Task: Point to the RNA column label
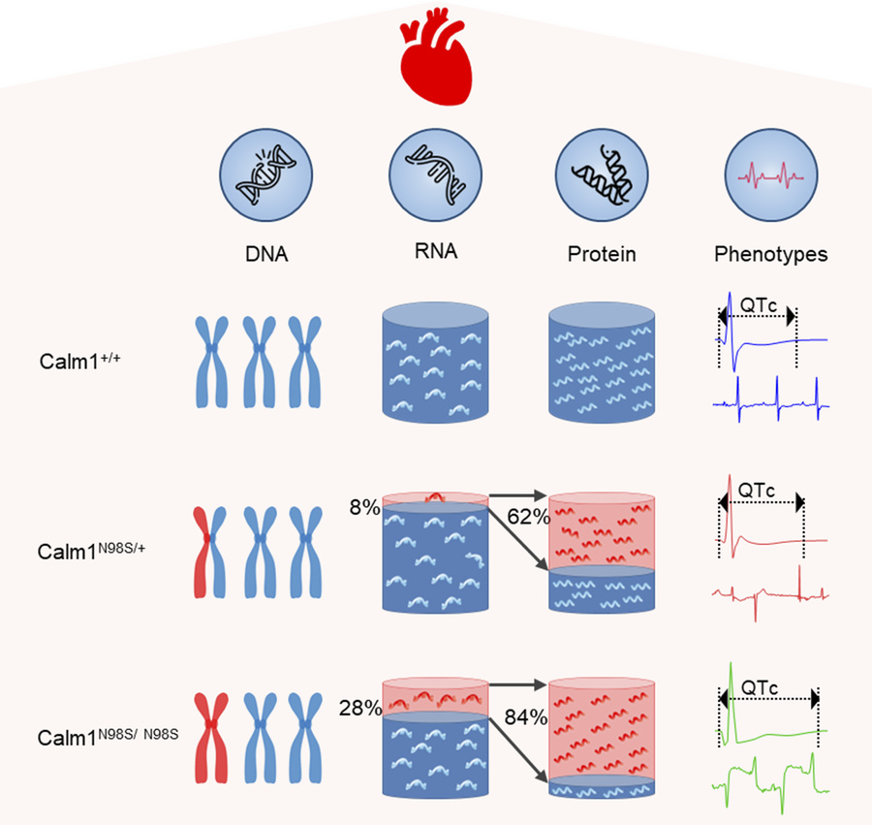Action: coord(434,253)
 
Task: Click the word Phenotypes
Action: coord(771,255)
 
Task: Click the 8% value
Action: coord(365,506)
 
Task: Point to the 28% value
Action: coord(360,709)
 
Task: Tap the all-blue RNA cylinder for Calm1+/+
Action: coord(434,364)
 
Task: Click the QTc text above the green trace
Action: coord(764,685)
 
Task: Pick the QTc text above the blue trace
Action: coord(757,302)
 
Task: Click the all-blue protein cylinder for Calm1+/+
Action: coord(601,364)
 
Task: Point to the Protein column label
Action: coord(601,255)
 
